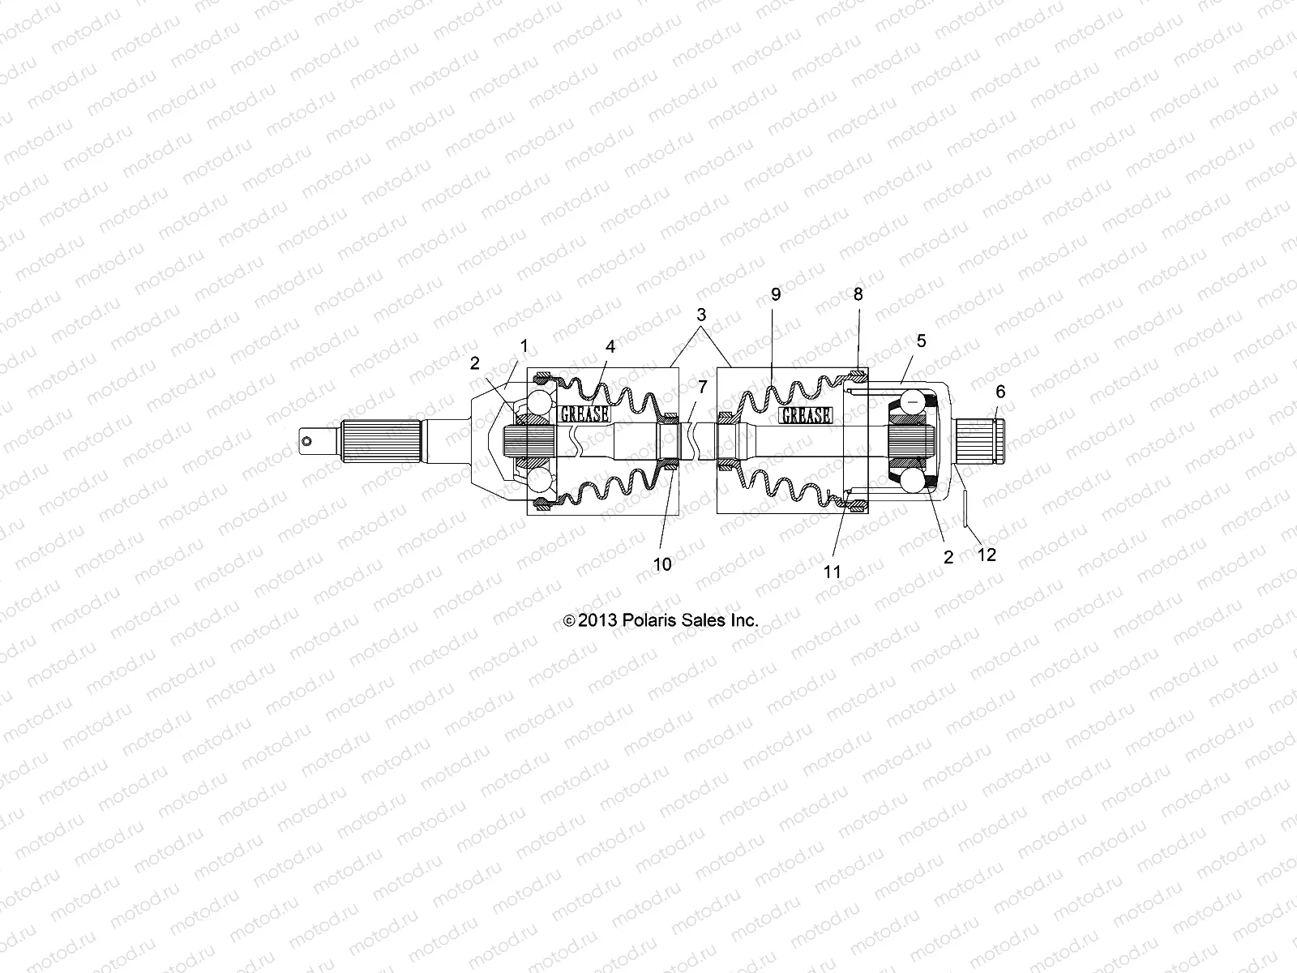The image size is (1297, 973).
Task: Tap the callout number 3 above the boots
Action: point(701,314)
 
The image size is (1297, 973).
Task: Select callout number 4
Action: point(610,346)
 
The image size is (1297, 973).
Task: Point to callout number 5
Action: point(921,341)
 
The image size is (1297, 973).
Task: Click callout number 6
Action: point(1000,392)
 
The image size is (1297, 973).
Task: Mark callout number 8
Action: point(858,295)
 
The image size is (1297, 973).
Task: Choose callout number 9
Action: point(776,295)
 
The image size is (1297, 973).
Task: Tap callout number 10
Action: point(662,564)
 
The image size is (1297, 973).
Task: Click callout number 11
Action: point(833,572)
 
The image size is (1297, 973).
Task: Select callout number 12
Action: point(987,555)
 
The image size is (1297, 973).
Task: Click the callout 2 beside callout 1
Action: point(475,364)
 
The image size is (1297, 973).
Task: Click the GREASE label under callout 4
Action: point(584,414)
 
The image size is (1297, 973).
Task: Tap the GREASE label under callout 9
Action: point(805,415)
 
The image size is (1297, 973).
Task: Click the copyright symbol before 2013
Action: point(569,622)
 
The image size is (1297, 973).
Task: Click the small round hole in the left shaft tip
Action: point(307,441)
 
